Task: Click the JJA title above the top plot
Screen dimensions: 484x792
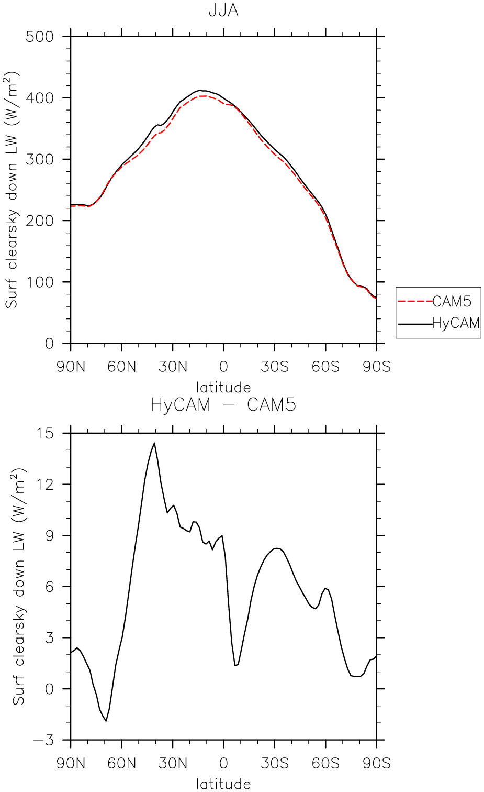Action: click(x=223, y=10)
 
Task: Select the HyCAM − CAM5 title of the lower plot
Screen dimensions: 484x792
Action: click(x=223, y=405)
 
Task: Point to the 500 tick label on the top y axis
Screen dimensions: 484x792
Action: click(x=40, y=37)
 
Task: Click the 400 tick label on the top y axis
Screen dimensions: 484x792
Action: click(x=40, y=97)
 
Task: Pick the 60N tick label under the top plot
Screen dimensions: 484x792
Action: click(x=121, y=367)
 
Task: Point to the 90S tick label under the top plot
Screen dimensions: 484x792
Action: click(x=377, y=367)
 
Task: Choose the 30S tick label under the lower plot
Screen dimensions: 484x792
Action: click(x=275, y=764)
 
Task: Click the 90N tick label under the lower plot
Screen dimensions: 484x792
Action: click(x=71, y=764)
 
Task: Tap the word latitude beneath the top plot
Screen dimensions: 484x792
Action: click(x=223, y=388)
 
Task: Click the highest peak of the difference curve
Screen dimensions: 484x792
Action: click(x=154, y=443)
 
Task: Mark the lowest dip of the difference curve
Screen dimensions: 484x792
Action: click(x=106, y=721)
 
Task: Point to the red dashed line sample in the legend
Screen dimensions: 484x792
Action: click(x=415, y=302)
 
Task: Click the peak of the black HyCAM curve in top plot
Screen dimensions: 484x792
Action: click(x=200, y=90)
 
